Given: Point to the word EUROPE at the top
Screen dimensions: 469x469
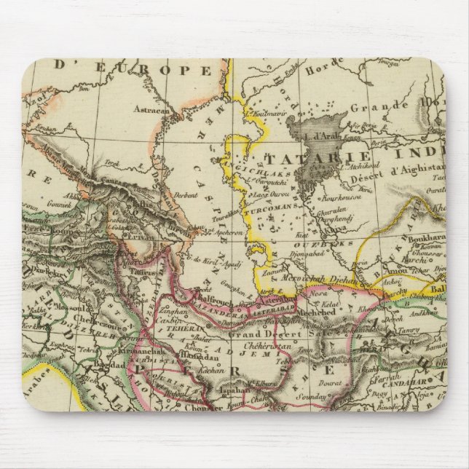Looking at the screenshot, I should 154,70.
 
